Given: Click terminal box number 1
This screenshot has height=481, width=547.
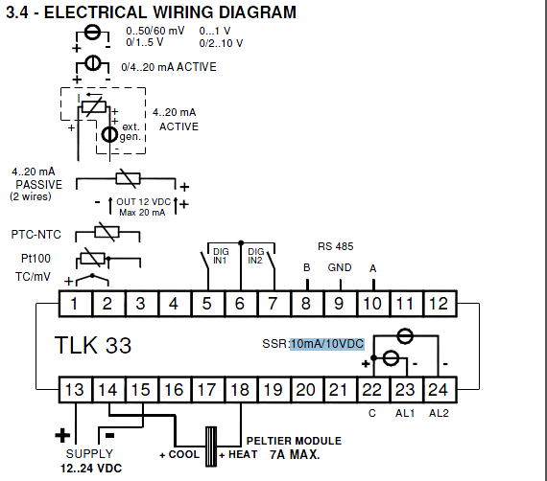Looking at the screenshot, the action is [76, 304].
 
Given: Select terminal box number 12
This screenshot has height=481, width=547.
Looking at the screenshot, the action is [440, 304].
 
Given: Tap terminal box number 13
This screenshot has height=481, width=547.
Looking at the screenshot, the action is [76, 390].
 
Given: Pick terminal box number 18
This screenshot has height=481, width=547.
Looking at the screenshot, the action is [241, 390].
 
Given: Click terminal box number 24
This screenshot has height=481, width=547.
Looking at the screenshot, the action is [440, 390].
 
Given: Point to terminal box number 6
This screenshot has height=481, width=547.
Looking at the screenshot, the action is [241, 304].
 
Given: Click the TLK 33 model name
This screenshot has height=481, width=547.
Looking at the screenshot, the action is [93, 345].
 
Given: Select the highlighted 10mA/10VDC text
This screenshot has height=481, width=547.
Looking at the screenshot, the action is [327, 344].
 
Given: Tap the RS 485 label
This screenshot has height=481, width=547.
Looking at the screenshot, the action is [335, 246].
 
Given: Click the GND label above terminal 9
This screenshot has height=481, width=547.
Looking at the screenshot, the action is [340, 267].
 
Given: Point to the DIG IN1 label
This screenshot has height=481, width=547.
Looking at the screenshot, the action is [221, 256].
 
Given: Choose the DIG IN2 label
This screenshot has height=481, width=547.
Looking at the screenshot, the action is [255, 256].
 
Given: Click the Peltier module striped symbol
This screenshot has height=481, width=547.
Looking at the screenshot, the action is [211, 447].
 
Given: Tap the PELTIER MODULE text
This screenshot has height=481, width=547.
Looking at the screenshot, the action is [294, 441].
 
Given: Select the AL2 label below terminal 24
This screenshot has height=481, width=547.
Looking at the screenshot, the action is [439, 413].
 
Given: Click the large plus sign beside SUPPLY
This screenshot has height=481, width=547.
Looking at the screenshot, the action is [62, 435].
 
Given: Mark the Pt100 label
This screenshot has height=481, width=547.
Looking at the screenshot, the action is [36, 259].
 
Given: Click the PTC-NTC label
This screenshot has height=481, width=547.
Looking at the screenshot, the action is [36, 235].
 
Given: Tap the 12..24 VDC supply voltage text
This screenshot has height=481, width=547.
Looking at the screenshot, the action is [91, 469].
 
